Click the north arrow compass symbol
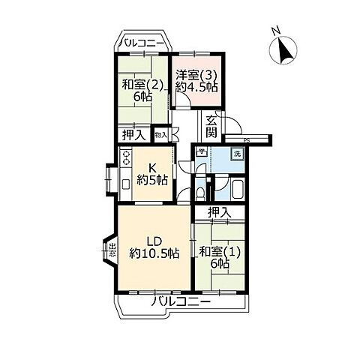tap(283, 50)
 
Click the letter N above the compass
tap(275, 31)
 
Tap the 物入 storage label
tap(160, 135)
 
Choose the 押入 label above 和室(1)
tap(219, 212)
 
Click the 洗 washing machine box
tap(237, 154)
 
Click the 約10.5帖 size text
tap(154, 253)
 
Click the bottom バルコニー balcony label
tap(178, 301)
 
